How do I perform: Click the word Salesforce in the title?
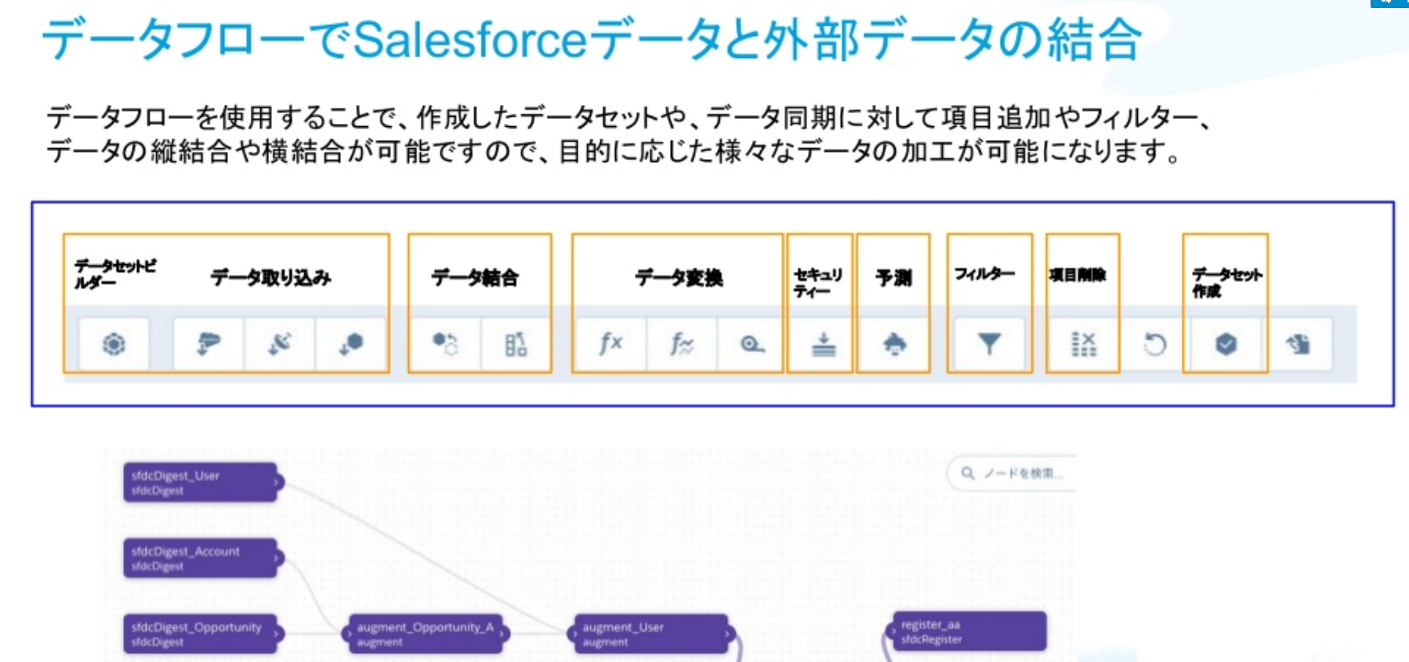click(x=470, y=39)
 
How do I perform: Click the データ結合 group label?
click(x=475, y=277)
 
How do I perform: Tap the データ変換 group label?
click(x=679, y=277)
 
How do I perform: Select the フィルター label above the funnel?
click(x=984, y=273)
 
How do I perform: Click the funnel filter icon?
click(x=989, y=343)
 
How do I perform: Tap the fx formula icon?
click(x=610, y=343)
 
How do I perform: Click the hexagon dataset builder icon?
click(x=114, y=343)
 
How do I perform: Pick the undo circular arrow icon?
click(x=1154, y=344)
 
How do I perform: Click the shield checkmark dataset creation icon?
click(x=1226, y=343)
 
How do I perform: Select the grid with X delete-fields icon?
click(x=1083, y=343)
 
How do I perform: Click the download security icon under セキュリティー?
click(x=823, y=343)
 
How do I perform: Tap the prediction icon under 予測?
click(x=894, y=343)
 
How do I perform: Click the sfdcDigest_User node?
click(x=200, y=482)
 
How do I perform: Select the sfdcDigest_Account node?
click(x=200, y=558)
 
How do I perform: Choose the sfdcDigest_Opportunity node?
click(x=201, y=633)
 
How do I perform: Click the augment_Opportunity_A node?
click(x=426, y=633)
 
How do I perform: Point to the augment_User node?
click(x=650, y=633)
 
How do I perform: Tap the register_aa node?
click(x=968, y=631)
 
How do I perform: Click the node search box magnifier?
click(x=968, y=473)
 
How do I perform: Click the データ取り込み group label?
click(x=270, y=277)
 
